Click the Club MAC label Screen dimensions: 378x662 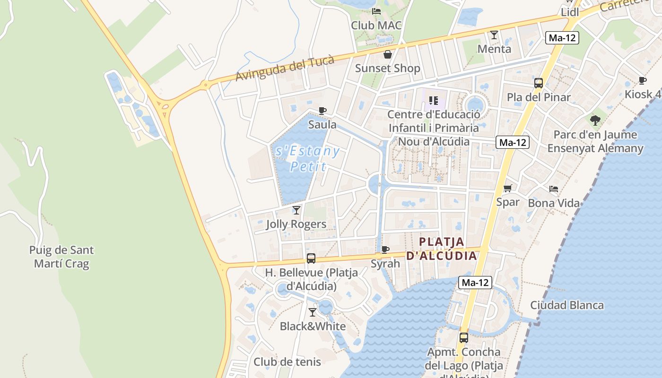(376, 25)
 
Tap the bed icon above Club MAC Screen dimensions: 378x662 (376, 11)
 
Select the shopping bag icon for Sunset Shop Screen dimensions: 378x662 (388, 54)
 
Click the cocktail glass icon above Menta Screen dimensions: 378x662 (494, 34)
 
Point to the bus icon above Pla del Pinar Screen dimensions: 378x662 (539, 83)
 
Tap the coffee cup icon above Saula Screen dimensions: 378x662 (322, 111)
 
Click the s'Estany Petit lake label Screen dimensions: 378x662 (308, 159)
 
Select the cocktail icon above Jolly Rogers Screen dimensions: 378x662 (296, 210)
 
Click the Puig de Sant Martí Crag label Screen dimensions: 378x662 (61, 257)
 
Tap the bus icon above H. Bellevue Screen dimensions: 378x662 (311, 258)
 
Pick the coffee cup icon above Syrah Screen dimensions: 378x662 (385, 249)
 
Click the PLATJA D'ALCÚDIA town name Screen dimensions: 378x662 (442, 249)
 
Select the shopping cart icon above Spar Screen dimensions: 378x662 (508, 189)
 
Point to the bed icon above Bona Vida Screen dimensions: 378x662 (554, 189)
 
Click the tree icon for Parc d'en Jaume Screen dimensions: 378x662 (595, 120)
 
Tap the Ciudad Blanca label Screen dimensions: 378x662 (567, 305)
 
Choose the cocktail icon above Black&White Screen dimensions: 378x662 (313, 312)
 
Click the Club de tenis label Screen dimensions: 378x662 (287, 362)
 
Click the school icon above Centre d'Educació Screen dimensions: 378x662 (434, 100)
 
